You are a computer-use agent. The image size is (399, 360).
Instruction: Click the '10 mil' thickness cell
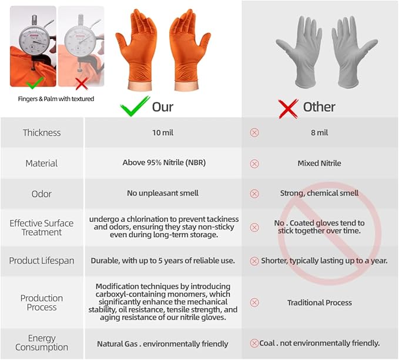163,133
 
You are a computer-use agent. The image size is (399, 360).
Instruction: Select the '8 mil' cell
319,133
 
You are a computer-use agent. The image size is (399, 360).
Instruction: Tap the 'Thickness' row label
42,133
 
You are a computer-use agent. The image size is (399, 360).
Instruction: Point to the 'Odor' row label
42,194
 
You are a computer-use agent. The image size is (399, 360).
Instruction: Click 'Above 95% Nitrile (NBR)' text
164,162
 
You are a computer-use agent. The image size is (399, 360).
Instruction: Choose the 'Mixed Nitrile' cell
319,163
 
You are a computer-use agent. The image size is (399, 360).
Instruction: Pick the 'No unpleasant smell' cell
163,193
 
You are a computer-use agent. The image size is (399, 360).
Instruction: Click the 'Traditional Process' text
320,303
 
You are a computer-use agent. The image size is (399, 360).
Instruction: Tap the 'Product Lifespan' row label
42,261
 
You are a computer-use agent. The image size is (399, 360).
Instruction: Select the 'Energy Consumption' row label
42,343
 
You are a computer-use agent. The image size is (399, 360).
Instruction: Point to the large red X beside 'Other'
289,109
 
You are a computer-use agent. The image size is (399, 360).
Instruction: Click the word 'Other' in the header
319,107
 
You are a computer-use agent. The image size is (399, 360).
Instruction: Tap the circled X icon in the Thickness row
254,132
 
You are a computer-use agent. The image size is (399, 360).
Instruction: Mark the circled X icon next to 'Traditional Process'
254,303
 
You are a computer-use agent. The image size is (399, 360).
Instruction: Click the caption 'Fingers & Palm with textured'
56,99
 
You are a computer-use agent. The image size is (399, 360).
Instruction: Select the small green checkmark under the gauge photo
35,83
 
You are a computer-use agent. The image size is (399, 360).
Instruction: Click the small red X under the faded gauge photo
82,84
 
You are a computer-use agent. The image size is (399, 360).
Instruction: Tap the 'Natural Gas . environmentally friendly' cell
163,344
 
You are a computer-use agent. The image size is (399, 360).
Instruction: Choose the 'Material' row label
42,164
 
